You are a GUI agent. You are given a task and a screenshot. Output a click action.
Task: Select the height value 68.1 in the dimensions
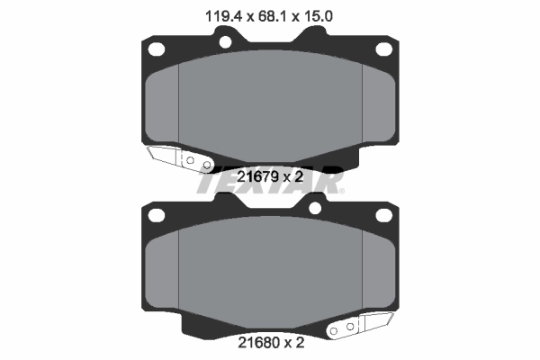click(x=268, y=14)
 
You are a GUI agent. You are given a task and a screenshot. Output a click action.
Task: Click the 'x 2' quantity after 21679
click(x=292, y=178)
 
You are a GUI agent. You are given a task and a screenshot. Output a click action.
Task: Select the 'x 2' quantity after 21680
click(x=292, y=342)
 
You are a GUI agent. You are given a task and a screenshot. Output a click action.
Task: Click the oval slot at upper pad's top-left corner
click(x=156, y=49)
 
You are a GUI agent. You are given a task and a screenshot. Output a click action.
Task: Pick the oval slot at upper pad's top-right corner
click(x=383, y=49)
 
